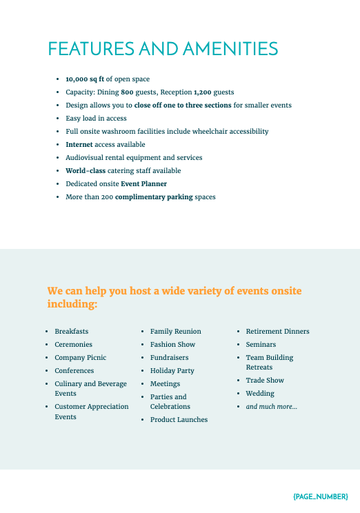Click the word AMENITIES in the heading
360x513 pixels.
click(x=230, y=49)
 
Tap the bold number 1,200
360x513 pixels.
click(x=203, y=92)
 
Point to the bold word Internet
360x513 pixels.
click(x=79, y=145)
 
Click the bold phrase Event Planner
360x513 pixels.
click(x=143, y=184)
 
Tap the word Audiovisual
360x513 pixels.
click(x=85, y=158)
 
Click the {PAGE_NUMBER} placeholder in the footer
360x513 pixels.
click(x=320, y=496)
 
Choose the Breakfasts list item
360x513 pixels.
click(x=72, y=332)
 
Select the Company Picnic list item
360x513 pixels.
click(x=81, y=358)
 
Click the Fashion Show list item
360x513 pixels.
click(x=172, y=345)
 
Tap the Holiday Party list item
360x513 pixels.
click(x=172, y=371)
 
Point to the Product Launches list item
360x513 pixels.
click(x=179, y=420)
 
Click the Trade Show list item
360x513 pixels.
click(x=265, y=381)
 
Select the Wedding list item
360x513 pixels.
click(x=260, y=394)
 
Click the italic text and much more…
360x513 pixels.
click(x=272, y=407)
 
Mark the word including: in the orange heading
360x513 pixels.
click(x=72, y=304)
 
